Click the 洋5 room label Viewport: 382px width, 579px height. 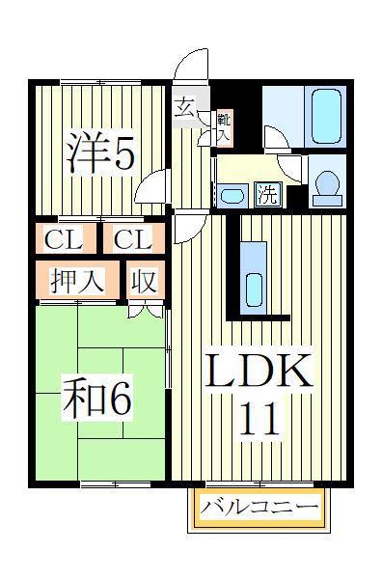[100, 152]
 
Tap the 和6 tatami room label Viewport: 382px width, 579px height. [97, 400]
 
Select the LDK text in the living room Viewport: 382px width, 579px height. [259, 371]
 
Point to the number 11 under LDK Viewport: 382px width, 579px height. [259, 419]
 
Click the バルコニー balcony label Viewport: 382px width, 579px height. [259, 509]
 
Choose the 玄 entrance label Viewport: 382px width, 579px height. [184, 108]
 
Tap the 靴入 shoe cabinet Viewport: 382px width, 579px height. [224, 127]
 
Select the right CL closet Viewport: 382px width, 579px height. [134, 238]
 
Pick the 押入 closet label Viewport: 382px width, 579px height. [77, 280]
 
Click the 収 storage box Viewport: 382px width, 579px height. [146, 280]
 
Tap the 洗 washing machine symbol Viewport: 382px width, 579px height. [268, 195]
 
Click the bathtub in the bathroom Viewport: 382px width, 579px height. [326, 116]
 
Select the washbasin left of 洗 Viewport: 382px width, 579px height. [232, 195]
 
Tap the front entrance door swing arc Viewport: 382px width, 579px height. [190, 62]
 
